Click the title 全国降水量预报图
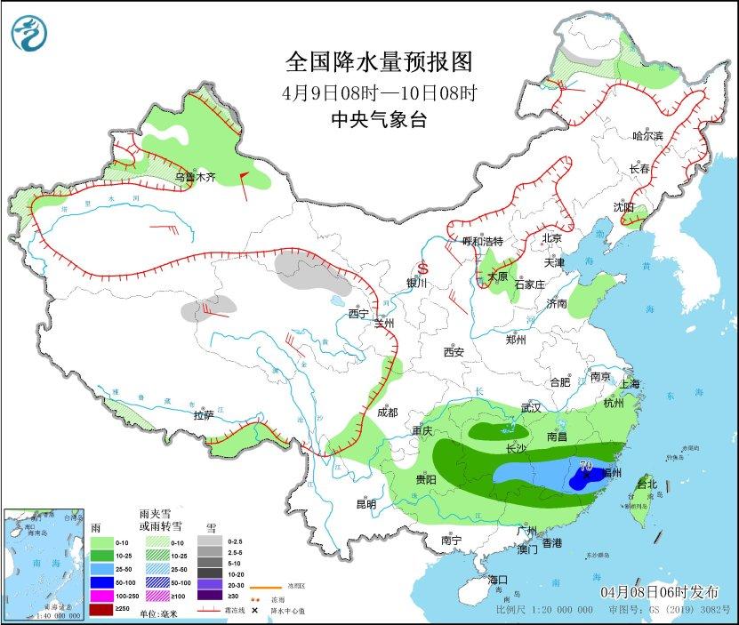point(379,61)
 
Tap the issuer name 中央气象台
point(379,120)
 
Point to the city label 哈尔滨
point(647,136)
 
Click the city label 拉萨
point(203,414)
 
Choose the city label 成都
point(387,413)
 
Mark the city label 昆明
point(365,504)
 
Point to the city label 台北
point(647,485)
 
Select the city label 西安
point(454,352)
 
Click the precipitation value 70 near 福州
point(586,464)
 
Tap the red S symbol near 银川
point(423,268)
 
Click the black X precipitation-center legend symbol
point(254,611)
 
